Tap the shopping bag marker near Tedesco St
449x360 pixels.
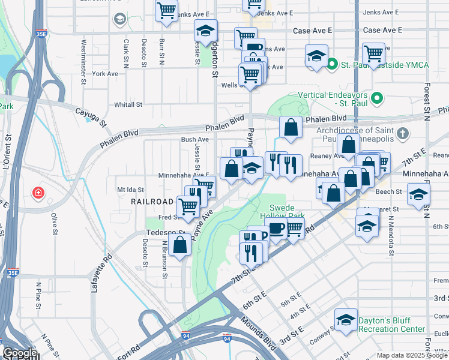tap(180, 245)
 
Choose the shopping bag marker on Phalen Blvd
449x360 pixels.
tap(291, 128)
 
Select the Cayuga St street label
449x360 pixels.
tap(90, 116)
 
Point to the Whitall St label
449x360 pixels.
tap(127, 104)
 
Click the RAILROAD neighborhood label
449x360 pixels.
tap(152, 202)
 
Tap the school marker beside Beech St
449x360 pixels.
tap(418, 194)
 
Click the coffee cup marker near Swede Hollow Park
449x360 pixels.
tap(276, 228)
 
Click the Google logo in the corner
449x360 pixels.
tap(19, 353)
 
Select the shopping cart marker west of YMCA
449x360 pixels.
tap(373, 53)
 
